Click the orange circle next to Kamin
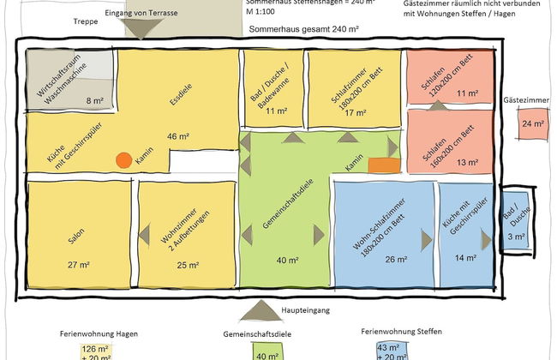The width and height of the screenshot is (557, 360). (124, 159)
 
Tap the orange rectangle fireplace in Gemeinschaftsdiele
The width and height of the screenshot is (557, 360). (385, 164)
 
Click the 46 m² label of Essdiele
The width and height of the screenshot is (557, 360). (177, 135)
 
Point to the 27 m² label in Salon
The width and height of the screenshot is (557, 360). (77, 266)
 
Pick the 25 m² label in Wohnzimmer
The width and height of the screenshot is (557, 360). (189, 266)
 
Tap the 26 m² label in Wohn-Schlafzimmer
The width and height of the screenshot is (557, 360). (397, 260)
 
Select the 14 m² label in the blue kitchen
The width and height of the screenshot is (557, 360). (466, 258)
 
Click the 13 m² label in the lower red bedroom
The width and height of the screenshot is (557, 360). (467, 162)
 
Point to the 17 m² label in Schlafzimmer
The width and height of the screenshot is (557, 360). (349, 111)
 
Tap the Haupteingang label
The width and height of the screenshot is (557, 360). (305, 310)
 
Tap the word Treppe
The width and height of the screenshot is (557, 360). (85, 21)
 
